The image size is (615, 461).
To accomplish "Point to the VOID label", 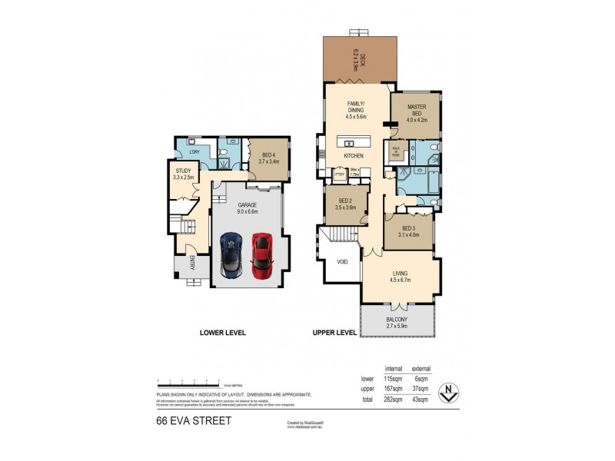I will (x=341, y=262).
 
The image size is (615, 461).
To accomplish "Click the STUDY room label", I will (x=183, y=171).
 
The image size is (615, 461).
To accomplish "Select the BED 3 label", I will (x=409, y=228).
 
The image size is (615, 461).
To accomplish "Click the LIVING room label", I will (x=401, y=274).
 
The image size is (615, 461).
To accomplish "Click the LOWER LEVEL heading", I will (x=222, y=333).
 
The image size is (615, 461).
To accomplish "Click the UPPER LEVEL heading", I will (x=334, y=333).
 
